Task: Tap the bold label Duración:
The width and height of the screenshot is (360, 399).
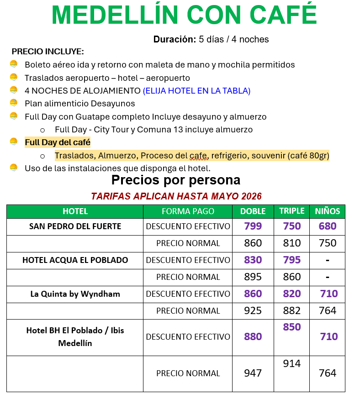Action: (175, 39)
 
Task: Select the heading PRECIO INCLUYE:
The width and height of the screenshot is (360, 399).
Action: (48, 52)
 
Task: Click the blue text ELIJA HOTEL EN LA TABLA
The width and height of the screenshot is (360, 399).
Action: (196, 91)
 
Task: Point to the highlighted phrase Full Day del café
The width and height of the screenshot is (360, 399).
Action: (58, 142)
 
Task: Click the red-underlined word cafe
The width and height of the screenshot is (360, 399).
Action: (198, 156)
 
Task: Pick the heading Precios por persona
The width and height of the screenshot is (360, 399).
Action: (176, 179)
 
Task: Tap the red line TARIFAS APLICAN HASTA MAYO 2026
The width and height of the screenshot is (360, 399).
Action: (176, 196)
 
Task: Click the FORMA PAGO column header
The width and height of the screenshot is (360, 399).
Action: (188, 211)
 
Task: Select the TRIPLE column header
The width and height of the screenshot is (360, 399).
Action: (292, 211)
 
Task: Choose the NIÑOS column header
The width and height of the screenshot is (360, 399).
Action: (328, 211)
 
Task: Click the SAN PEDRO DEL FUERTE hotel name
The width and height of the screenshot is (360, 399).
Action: (75, 226)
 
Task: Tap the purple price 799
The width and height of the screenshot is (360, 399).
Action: (253, 226)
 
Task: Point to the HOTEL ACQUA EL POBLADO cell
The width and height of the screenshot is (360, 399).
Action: (75, 260)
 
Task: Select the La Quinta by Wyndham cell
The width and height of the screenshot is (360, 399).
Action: (75, 294)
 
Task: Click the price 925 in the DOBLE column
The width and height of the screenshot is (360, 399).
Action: (253, 311)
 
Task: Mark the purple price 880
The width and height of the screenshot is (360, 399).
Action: (253, 337)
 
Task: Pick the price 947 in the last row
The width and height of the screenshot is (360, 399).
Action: (253, 373)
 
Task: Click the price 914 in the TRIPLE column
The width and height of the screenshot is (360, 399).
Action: (292, 364)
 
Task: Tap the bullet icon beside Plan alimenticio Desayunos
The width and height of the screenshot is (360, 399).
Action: (14, 103)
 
